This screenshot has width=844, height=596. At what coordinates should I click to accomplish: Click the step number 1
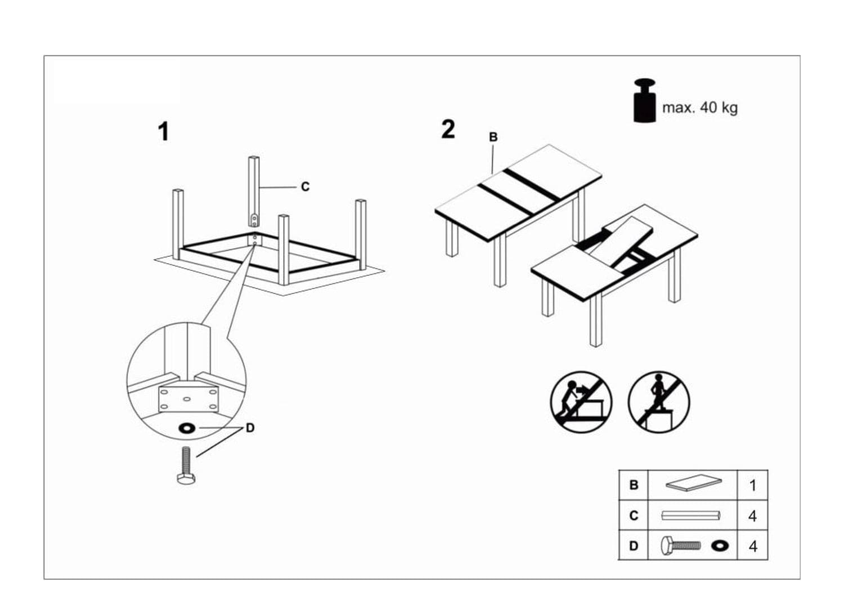(163, 132)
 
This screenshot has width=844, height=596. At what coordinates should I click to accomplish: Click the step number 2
(448, 130)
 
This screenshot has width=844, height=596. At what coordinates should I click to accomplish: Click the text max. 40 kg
(699, 108)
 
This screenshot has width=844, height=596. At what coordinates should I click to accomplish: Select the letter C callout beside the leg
(305, 186)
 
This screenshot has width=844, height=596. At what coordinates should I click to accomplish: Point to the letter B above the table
(493, 137)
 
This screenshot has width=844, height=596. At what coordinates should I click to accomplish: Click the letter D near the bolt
(250, 428)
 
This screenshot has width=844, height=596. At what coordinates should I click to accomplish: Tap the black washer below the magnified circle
(187, 429)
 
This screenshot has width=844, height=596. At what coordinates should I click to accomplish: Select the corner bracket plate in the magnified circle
(188, 399)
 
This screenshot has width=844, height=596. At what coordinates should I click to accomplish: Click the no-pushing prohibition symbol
(581, 402)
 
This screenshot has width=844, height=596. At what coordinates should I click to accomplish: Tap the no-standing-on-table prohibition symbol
(658, 402)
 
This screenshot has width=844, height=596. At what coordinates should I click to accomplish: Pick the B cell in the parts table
(634, 485)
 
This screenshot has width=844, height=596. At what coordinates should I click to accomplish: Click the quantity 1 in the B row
(752, 485)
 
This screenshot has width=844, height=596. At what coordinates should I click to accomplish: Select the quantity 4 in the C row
(752, 515)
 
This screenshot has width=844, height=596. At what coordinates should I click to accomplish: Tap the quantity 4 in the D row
(752, 546)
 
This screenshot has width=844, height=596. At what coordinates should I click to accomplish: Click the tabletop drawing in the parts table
(693, 484)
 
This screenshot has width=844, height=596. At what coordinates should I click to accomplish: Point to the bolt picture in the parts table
(681, 545)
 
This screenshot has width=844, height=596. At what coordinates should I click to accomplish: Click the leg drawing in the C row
(691, 515)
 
